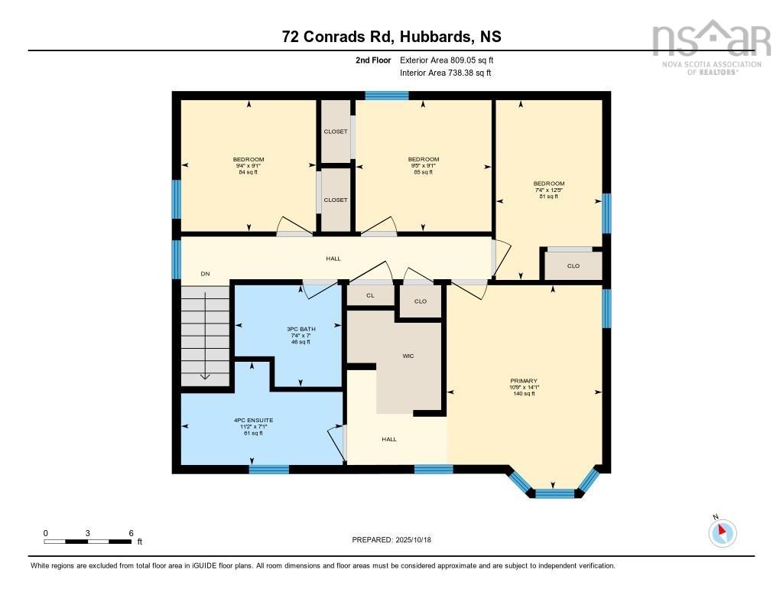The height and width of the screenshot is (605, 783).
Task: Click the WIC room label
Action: pos(408,356)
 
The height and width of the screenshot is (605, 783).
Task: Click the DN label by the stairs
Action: pos(205,274)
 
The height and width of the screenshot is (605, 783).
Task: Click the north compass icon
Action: pos(723,532)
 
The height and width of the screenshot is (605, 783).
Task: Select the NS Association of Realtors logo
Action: pos(705,47)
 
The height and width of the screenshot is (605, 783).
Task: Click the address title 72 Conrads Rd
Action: pos(391,37)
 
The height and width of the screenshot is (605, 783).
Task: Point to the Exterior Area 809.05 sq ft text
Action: pos(452,60)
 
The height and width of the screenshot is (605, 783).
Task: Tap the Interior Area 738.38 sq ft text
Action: pos(445,73)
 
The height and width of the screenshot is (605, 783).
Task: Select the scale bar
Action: pos(88,542)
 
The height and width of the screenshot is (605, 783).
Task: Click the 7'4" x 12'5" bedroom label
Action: pos(549,190)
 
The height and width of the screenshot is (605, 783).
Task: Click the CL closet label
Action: pos(370,295)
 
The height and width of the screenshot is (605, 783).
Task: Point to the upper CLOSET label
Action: pos(335,132)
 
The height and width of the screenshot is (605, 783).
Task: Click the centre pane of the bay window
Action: pos(554,493)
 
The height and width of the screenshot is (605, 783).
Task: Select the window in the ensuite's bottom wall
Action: pos(269,469)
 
